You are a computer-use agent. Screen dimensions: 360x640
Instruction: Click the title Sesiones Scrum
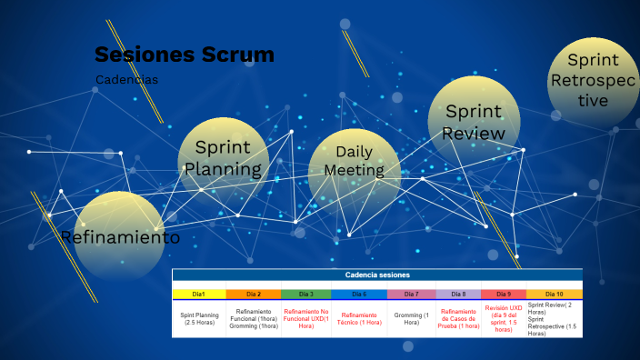(x=184, y=55)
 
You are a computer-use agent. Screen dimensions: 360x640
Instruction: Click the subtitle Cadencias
(x=126, y=80)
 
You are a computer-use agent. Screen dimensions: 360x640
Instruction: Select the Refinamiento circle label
(x=120, y=237)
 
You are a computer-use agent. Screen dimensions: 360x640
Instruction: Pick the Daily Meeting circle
(x=354, y=161)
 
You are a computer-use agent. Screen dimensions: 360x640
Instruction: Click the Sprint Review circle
(x=473, y=123)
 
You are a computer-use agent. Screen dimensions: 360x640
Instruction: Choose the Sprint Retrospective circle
(x=593, y=80)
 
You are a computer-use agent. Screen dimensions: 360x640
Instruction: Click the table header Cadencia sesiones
(x=376, y=275)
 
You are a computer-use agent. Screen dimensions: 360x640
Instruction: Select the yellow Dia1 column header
(x=198, y=294)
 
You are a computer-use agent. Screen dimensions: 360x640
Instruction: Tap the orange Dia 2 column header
(x=253, y=294)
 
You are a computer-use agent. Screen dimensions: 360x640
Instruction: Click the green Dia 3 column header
(x=305, y=294)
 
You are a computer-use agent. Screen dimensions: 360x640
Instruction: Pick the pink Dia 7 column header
(x=411, y=294)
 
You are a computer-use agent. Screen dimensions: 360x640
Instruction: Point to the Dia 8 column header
(x=458, y=294)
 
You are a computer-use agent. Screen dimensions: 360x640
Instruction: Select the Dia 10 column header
(x=553, y=294)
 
